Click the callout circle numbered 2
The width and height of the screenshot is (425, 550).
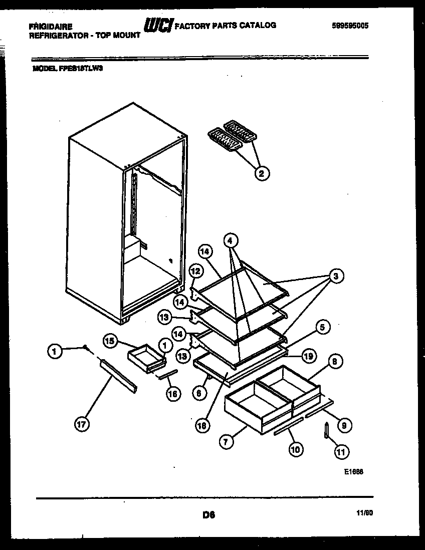[262, 173]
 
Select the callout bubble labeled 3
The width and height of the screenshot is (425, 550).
[337, 276]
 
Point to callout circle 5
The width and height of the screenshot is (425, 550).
[322, 328]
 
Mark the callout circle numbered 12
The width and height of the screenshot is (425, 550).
[195, 271]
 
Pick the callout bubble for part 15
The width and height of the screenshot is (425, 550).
[110, 341]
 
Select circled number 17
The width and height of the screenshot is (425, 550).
[82, 425]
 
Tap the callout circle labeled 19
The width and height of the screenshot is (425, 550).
[309, 356]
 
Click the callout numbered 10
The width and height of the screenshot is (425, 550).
[295, 449]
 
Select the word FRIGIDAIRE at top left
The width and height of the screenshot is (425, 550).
[51, 26]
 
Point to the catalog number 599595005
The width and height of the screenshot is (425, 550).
[350, 26]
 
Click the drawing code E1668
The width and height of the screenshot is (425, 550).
[353, 472]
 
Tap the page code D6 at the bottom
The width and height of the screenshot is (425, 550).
[209, 514]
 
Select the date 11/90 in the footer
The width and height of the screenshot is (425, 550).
[365, 513]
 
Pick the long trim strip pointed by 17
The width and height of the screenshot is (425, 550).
[118, 376]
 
